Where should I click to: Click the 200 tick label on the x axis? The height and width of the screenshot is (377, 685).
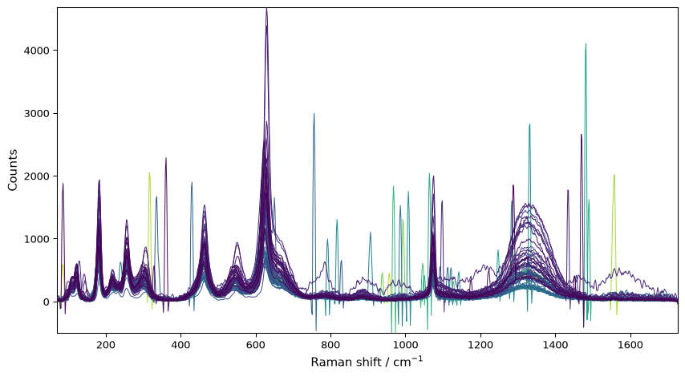[106, 345]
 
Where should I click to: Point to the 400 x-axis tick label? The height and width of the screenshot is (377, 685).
[180, 345]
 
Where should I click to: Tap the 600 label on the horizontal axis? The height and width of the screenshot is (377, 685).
[256, 345]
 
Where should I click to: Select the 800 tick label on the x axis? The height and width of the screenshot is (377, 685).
[330, 345]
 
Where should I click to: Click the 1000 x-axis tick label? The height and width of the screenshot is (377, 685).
[406, 345]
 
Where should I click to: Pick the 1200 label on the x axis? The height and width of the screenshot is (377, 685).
[480, 345]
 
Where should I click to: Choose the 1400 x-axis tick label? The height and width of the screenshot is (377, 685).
[556, 345]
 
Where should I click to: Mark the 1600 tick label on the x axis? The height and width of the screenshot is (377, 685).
[630, 345]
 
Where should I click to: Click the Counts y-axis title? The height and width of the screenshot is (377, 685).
[12, 170]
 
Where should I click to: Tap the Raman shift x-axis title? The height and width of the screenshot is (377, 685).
[367, 362]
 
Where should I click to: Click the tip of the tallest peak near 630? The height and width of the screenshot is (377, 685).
[266, 9]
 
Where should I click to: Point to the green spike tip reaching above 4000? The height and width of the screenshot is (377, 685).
[586, 43]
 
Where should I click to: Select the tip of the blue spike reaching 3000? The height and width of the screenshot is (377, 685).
[314, 114]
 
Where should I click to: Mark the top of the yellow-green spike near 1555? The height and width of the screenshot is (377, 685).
[614, 175]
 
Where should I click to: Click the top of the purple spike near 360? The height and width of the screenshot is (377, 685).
[166, 158]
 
